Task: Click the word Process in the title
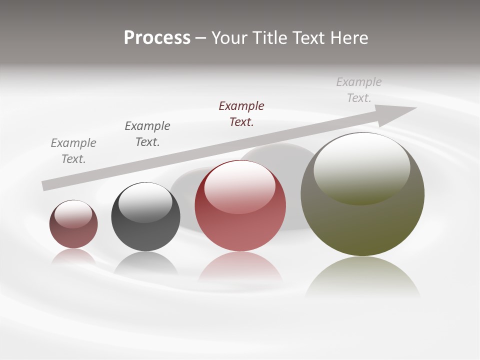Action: pyautogui.click(x=157, y=38)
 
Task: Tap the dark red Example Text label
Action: pyautogui.click(x=241, y=113)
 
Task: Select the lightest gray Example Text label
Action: pyautogui.click(x=359, y=89)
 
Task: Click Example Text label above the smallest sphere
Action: pyautogui.click(x=73, y=150)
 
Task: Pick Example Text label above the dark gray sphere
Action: pyautogui.click(x=147, y=133)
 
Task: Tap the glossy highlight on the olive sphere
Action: pyautogui.click(x=361, y=168)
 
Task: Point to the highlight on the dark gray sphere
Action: pyautogui.click(x=145, y=203)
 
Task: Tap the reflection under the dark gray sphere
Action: pyautogui.click(x=145, y=263)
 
